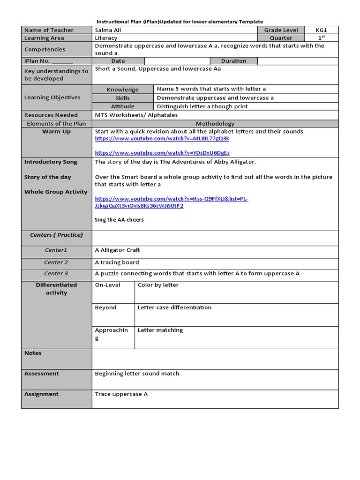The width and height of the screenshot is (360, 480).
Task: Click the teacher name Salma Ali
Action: click(x=107, y=30)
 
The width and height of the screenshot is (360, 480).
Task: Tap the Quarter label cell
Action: click(x=281, y=38)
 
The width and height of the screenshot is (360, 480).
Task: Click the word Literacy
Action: click(x=106, y=38)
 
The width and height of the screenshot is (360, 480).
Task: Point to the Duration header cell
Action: click(x=233, y=61)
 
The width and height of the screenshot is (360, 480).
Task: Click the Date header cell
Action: click(x=118, y=61)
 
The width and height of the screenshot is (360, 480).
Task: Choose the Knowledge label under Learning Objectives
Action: click(x=122, y=90)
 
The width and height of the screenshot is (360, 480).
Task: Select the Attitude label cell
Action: click(x=122, y=106)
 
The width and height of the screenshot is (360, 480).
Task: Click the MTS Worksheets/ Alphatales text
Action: click(x=136, y=115)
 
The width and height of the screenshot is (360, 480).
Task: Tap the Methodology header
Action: click(x=215, y=124)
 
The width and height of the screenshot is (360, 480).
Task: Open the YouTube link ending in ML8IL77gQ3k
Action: click(x=162, y=139)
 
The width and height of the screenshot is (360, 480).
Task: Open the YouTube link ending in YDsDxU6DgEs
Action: click(x=162, y=153)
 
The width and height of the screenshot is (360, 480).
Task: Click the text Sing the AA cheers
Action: click(x=119, y=220)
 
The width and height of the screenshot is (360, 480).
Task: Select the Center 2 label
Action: click(x=56, y=262)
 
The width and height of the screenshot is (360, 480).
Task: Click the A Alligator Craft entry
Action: click(x=117, y=250)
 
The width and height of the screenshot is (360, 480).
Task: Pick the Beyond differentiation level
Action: click(x=105, y=308)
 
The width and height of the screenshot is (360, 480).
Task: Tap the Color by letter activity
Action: click(x=158, y=285)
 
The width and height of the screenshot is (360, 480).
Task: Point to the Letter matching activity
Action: click(x=160, y=330)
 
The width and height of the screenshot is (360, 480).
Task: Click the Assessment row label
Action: click(x=42, y=374)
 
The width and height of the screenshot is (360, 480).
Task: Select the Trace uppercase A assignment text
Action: click(x=121, y=394)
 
